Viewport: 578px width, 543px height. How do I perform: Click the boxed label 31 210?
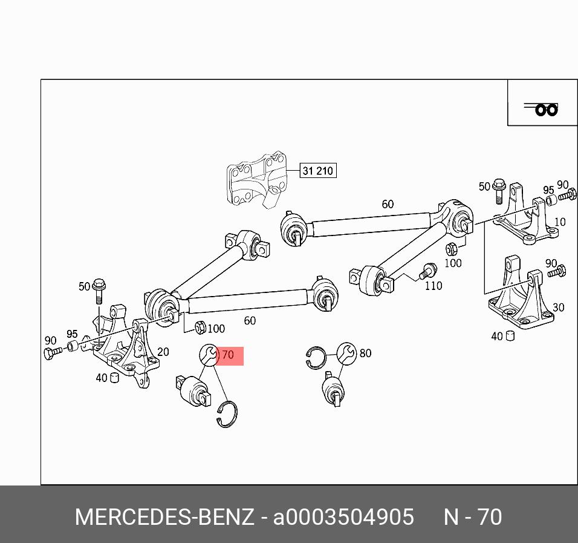(x=317, y=171)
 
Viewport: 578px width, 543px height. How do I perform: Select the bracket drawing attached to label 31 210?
(x=256, y=180)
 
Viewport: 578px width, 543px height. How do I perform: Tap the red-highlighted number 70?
(x=228, y=355)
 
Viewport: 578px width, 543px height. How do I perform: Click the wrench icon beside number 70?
(x=209, y=355)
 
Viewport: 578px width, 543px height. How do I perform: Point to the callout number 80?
(x=365, y=353)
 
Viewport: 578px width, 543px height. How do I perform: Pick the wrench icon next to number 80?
(x=346, y=353)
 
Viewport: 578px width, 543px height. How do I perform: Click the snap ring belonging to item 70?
(x=227, y=414)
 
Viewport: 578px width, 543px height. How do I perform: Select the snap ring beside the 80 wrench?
(x=316, y=358)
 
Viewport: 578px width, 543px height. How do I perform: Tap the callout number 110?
(x=433, y=286)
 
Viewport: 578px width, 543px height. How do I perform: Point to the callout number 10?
(x=560, y=222)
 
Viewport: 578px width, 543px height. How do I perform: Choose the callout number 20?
(x=163, y=352)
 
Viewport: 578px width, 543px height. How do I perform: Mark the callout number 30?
(x=558, y=308)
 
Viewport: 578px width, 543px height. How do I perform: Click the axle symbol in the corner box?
(x=543, y=109)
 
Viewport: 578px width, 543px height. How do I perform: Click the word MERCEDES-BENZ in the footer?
(x=164, y=518)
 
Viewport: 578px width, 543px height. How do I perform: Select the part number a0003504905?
(x=343, y=518)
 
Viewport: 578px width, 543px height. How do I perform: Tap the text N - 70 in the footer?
(x=473, y=518)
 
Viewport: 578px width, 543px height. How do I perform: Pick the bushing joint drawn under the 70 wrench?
(x=195, y=392)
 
